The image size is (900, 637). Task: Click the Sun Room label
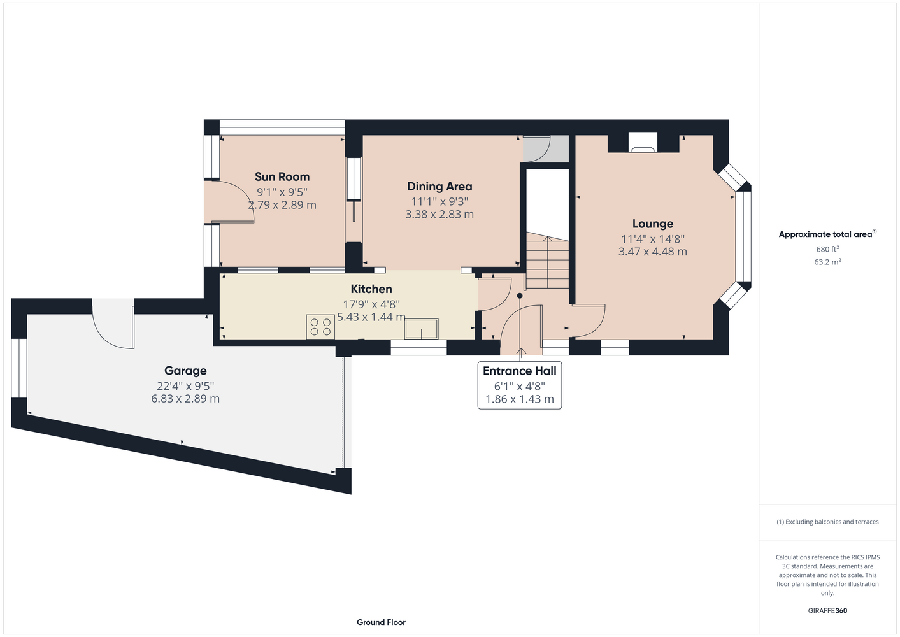click(282, 177)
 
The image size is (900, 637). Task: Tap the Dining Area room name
click(439, 187)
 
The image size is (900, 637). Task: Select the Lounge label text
click(652, 224)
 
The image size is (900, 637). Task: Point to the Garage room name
click(185, 371)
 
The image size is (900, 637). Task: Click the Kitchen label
click(371, 289)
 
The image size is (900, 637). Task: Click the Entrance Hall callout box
click(520, 385)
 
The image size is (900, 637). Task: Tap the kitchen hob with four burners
click(320, 327)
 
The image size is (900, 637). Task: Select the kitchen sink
click(421, 329)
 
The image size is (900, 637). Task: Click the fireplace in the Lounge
click(643, 143)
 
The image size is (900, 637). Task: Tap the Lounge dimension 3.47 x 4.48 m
click(652, 252)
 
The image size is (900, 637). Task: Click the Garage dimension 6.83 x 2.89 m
click(185, 399)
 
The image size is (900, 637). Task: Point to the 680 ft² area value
click(827, 249)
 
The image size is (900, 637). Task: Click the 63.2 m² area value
click(827, 262)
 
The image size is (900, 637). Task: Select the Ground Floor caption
click(381, 622)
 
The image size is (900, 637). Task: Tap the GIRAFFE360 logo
click(827, 610)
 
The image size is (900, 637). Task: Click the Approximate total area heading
click(827, 234)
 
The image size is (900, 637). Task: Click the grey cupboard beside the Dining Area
click(546, 148)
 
